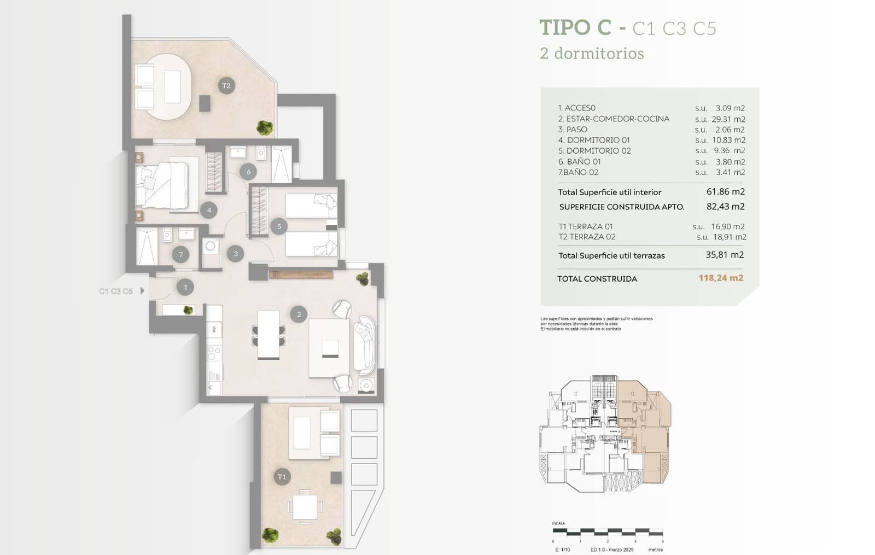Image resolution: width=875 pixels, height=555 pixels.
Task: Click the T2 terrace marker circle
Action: pos(226,86)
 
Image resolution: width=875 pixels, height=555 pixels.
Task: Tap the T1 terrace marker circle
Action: pos(282,476)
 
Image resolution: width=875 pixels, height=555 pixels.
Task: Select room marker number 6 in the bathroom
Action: pos(248,172)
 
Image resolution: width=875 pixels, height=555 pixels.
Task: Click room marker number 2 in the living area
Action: pos(299,314)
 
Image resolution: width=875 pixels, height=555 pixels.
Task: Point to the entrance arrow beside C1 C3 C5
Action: pos(143,291)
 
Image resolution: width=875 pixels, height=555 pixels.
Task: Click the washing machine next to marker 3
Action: pos(211,247)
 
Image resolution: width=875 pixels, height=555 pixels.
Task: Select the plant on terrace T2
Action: pos(265,127)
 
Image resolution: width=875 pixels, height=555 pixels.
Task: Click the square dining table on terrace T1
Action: pos(305,506)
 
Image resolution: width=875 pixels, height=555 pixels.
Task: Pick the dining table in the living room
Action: pos(268,335)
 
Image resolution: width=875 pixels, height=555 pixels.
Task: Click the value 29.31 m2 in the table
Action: pos(728,119)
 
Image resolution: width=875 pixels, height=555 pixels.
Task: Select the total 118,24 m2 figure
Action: pos(721,278)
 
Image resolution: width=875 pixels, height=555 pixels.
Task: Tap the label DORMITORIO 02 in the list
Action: pos(598,150)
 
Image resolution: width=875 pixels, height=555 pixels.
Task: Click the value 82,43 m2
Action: pos(725,207)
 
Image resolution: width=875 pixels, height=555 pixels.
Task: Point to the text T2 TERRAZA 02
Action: pos(587,237)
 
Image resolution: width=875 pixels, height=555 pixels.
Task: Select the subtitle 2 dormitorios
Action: pos(592,54)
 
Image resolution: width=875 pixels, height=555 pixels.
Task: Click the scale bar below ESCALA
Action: pos(607,531)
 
